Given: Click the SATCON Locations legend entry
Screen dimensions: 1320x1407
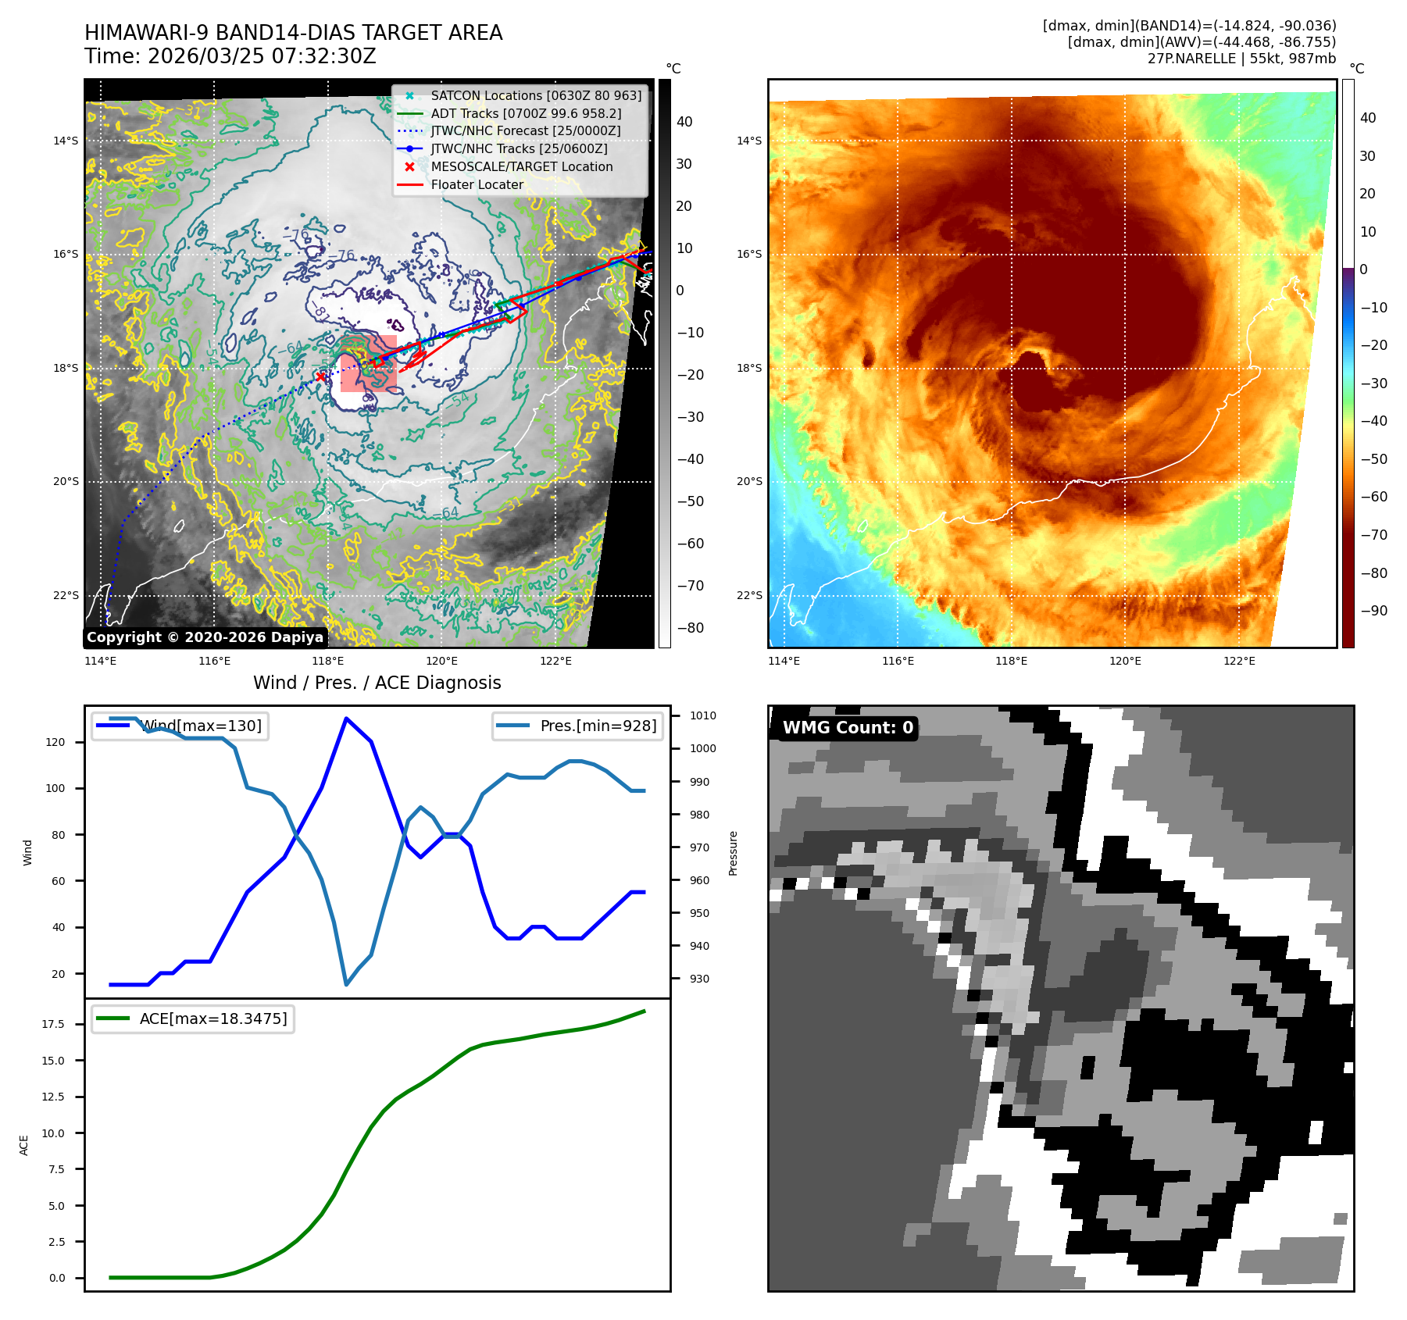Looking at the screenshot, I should [536, 96].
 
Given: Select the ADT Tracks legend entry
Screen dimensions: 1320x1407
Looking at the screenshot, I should [526, 114].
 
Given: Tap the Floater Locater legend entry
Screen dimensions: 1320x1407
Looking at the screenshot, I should [477, 185].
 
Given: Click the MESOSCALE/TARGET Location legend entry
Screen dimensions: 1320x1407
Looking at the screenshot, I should [522, 167].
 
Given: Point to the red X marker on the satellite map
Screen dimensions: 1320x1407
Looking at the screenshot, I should [320, 377].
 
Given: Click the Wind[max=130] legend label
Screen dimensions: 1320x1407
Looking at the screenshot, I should [201, 726].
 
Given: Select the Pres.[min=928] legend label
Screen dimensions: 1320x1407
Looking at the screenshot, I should [598, 726].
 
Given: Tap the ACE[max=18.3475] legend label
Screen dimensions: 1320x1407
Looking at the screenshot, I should [213, 1019].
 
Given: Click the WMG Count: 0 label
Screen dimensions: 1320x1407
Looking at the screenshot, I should [848, 728].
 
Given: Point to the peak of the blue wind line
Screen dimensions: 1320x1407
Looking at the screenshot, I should [346, 719].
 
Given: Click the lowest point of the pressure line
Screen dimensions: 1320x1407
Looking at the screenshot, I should [346, 984].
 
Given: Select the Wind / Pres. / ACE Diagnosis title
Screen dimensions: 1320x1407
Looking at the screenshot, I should [377, 683].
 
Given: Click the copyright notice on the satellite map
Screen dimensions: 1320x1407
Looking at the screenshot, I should [205, 637].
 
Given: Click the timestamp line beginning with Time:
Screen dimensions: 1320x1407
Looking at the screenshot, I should [230, 57].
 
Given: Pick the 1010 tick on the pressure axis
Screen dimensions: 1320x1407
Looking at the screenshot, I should [702, 716].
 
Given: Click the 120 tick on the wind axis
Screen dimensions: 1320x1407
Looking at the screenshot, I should [55, 743].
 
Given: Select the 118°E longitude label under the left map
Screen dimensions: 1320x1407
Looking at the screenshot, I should [328, 662].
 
